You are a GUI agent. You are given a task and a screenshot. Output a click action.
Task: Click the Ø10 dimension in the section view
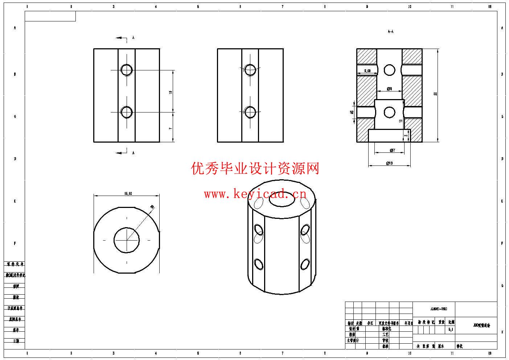point(389,163)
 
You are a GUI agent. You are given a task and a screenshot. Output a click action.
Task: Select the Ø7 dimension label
point(392,150)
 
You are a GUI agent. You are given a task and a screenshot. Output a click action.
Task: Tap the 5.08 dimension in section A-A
point(367,71)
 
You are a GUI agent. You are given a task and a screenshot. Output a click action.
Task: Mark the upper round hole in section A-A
point(389,70)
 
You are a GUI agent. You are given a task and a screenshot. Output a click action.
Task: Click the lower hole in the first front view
point(127,112)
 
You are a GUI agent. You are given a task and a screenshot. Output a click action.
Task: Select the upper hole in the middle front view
point(250,70)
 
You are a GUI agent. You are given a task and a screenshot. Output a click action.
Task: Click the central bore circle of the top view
point(127,240)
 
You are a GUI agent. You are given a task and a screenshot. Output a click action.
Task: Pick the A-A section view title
point(390,32)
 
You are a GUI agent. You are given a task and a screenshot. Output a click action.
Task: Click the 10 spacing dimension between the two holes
point(171,92)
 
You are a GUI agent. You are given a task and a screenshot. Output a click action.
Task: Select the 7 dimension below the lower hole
point(171,128)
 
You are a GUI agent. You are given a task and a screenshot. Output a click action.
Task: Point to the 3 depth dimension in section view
point(405,136)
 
